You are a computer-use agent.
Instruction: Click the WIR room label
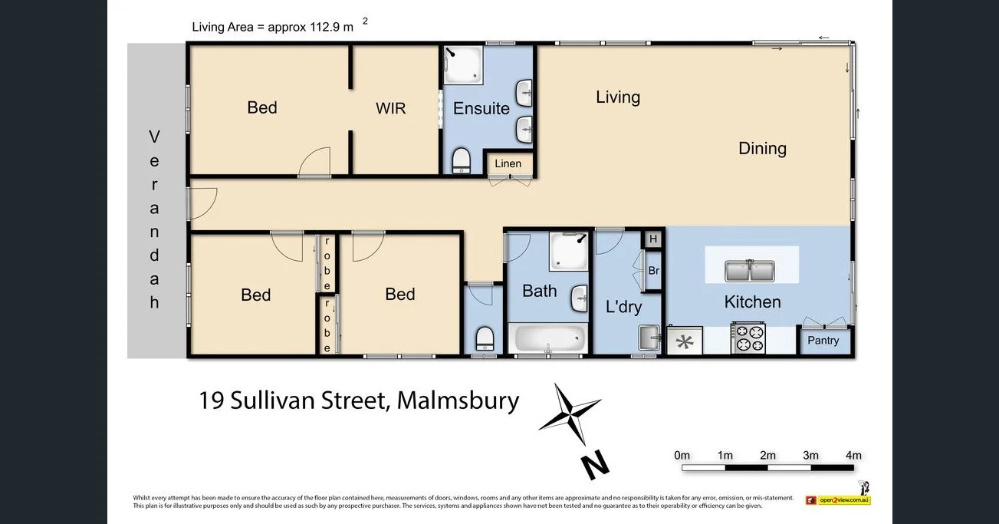390,108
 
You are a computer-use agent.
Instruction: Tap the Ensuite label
481,108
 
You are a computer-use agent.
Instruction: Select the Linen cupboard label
508,163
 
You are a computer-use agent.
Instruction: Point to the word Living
617,97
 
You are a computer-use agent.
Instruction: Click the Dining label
762,148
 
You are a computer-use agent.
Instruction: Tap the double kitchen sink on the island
751,271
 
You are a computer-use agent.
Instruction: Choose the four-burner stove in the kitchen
748,339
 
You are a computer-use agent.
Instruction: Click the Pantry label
823,341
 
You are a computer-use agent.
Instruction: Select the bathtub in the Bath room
548,338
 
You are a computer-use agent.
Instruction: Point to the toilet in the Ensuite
462,161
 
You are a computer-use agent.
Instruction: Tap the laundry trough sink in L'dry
649,337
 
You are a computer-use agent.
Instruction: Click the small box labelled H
653,239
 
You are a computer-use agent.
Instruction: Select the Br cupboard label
653,271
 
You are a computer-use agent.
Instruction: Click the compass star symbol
569,415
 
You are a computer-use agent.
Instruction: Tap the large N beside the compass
593,463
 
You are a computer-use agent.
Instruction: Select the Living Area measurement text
273,28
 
